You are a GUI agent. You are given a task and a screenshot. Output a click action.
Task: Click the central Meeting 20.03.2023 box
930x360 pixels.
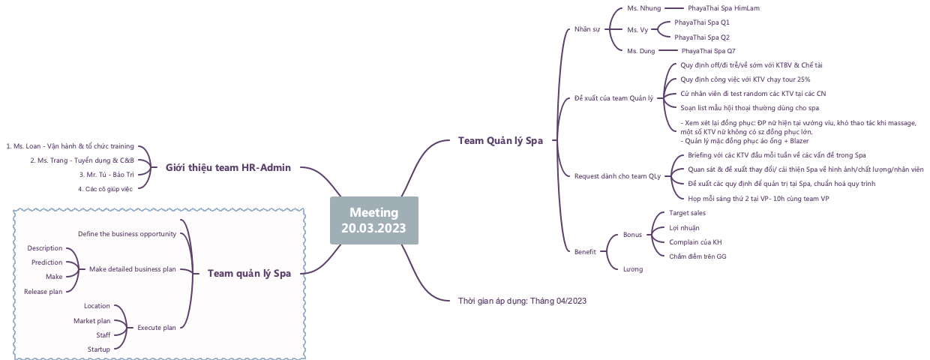[x=374, y=220]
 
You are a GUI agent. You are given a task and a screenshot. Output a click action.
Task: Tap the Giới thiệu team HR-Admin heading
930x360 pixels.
[x=228, y=167]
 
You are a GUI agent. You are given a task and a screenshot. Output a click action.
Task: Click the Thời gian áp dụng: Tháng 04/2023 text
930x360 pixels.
[x=522, y=301]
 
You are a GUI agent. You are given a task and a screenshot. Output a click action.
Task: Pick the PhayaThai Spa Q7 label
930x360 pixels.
[x=708, y=51]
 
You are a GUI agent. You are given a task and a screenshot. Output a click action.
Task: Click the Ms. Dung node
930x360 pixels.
[x=641, y=51]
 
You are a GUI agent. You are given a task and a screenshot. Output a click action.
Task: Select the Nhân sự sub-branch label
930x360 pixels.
[x=587, y=29]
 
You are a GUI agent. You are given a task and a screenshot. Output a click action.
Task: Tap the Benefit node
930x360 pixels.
[x=585, y=252]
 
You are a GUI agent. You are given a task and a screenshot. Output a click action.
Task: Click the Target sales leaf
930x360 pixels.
[x=687, y=213]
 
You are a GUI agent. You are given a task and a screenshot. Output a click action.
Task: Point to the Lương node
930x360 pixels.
[x=633, y=268]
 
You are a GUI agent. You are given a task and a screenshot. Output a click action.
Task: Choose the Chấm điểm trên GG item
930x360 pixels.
[x=697, y=256]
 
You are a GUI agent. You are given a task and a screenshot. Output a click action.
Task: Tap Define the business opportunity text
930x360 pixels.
[x=127, y=234]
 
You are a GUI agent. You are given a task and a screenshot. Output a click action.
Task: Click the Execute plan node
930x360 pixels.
[x=157, y=327]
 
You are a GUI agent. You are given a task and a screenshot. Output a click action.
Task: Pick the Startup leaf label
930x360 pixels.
[x=98, y=349]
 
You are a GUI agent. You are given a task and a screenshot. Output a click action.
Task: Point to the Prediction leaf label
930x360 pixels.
[x=46, y=262]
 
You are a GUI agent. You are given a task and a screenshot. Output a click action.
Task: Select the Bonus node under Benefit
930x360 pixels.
[x=632, y=235]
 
